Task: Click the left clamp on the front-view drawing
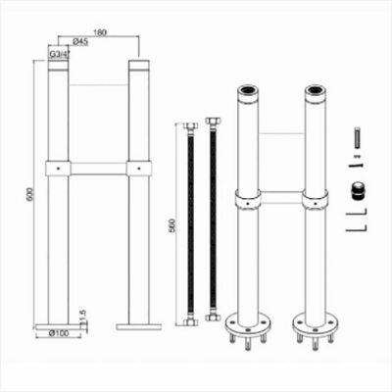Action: (x=59, y=169)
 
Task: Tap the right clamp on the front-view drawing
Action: (x=136, y=169)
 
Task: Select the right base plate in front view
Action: (x=136, y=324)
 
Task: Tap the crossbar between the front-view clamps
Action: (x=98, y=169)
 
